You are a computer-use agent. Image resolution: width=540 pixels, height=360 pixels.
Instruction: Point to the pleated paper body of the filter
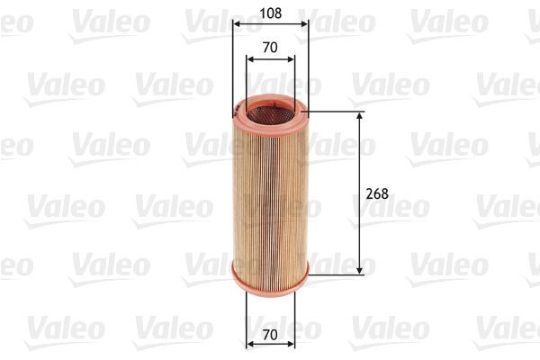point(270,193)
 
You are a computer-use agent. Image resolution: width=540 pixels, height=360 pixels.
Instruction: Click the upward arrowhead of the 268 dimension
point(361,116)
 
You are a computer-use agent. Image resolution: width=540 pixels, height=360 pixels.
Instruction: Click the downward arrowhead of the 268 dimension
point(361,269)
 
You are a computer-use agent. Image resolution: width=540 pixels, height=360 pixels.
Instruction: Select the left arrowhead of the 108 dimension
point(235,26)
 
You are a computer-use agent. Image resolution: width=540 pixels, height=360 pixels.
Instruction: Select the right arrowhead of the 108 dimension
point(305,26)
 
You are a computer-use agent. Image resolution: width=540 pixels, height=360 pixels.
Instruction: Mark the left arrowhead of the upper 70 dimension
point(249,58)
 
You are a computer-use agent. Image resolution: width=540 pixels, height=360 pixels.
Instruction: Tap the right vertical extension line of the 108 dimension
point(308,63)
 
